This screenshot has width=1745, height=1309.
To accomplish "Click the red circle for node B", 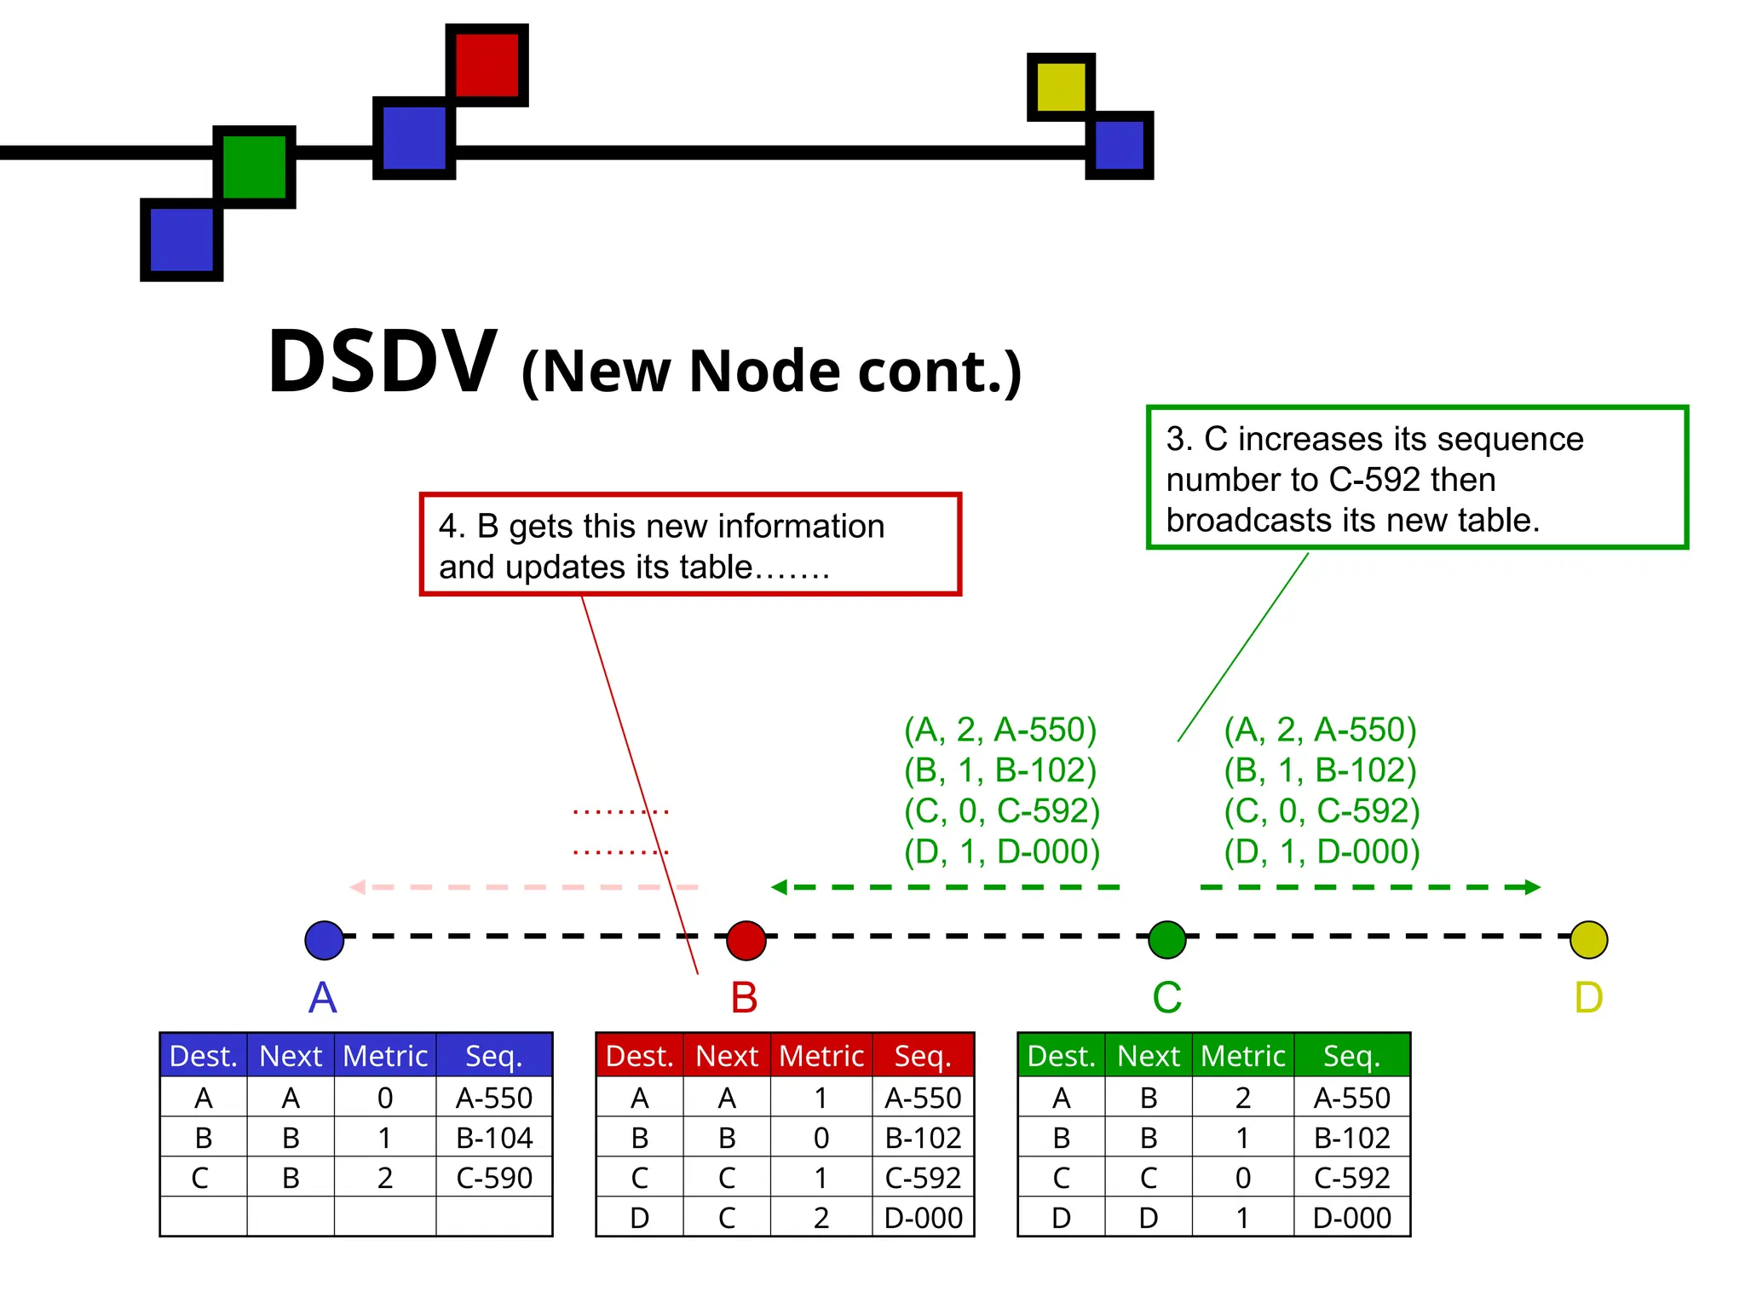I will (746, 940).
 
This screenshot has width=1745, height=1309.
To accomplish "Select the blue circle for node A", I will (324, 940).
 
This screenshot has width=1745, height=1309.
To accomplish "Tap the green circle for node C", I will (1166, 940).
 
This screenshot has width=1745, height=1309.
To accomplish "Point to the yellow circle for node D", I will (1588, 940).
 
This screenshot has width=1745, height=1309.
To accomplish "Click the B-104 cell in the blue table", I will (494, 1138).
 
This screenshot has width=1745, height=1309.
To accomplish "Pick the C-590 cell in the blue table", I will (494, 1178).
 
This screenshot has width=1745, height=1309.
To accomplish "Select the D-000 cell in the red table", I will (923, 1218).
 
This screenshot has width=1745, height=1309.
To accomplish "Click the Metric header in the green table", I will (1242, 1056).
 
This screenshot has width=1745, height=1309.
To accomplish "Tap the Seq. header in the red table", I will (923, 1056).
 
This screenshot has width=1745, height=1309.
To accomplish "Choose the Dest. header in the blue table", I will (204, 1056).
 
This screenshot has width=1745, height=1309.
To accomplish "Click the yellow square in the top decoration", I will (1061, 87).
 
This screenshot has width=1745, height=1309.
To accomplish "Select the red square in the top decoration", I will (487, 65).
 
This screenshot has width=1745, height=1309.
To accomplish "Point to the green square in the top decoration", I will (254, 167).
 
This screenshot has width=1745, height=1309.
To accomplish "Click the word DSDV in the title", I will (382, 362).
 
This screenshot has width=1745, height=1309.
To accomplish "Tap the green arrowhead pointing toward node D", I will (1532, 887).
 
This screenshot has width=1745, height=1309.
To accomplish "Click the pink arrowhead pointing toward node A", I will (358, 887).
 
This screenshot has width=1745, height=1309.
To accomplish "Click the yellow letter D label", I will (1588, 997).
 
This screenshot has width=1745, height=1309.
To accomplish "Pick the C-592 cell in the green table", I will (1351, 1178).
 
